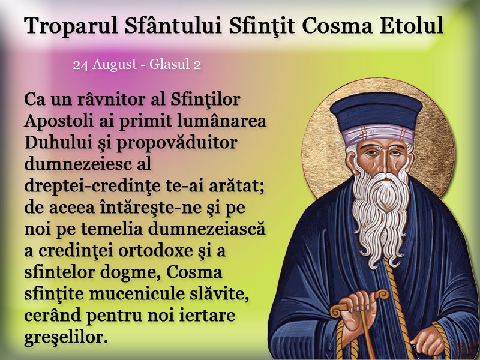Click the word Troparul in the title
(71, 25)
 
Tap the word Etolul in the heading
(412, 25)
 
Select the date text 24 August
(105, 65)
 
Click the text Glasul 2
(175, 65)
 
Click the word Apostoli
(59, 122)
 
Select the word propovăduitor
(176, 143)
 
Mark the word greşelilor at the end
(66, 338)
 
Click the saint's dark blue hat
(376, 109)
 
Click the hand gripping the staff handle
(361, 309)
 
